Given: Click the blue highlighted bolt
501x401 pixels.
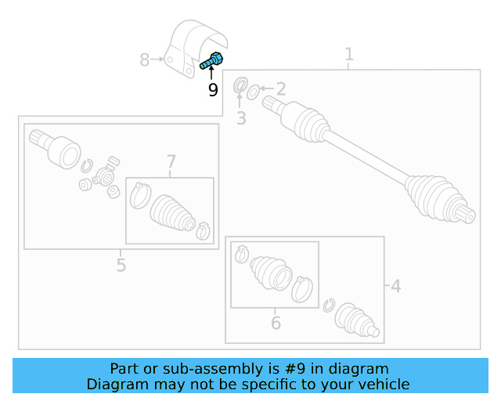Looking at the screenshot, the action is [x=211, y=60].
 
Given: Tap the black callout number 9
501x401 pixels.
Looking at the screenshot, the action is [x=213, y=90].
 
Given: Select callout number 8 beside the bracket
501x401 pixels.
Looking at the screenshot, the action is [x=144, y=59].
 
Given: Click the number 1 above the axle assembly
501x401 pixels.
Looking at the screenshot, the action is [x=349, y=54].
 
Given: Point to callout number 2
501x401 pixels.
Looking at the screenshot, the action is [x=280, y=90].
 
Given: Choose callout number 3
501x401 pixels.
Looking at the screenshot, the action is [x=241, y=119].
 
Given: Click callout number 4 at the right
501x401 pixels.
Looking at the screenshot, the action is [x=396, y=287].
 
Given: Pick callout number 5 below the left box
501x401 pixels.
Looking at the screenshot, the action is [x=121, y=265].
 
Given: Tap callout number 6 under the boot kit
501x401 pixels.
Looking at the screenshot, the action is [x=276, y=322].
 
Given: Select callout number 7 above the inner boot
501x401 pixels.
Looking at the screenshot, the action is [x=171, y=162].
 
